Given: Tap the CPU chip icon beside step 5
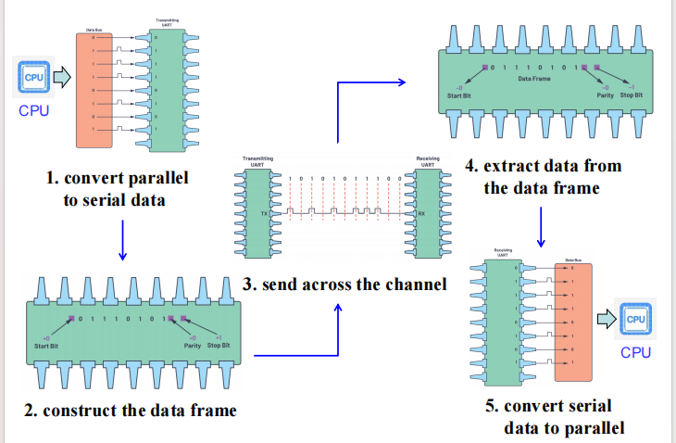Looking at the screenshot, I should click(635, 320).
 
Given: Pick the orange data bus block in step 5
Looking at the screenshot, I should click(571, 320).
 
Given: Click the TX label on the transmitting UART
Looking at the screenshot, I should click(264, 212).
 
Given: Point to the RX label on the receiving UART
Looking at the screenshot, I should click(420, 212).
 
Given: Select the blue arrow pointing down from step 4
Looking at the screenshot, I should click(541, 225).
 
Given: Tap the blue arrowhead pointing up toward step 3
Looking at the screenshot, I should click(338, 307).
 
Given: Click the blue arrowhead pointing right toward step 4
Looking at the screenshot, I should click(401, 82).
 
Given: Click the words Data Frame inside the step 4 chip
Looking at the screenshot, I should click(535, 78).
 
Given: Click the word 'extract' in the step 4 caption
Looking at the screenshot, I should click(511, 166).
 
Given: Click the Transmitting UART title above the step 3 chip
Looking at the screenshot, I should click(257, 161).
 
